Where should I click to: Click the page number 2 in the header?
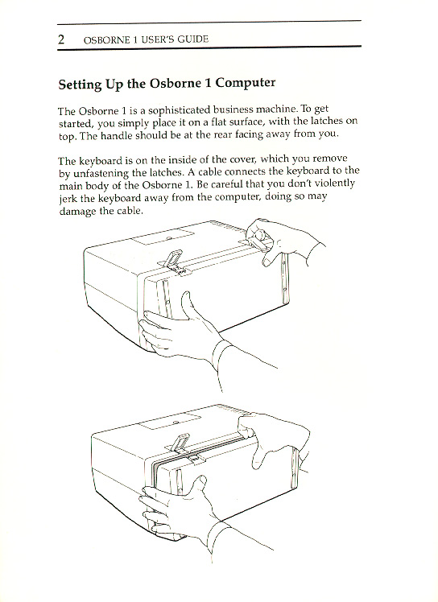coord(61,39)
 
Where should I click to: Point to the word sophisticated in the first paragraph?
coord(180,111)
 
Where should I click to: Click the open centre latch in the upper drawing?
coord(172,259)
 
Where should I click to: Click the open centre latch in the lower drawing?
coord(180,443)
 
